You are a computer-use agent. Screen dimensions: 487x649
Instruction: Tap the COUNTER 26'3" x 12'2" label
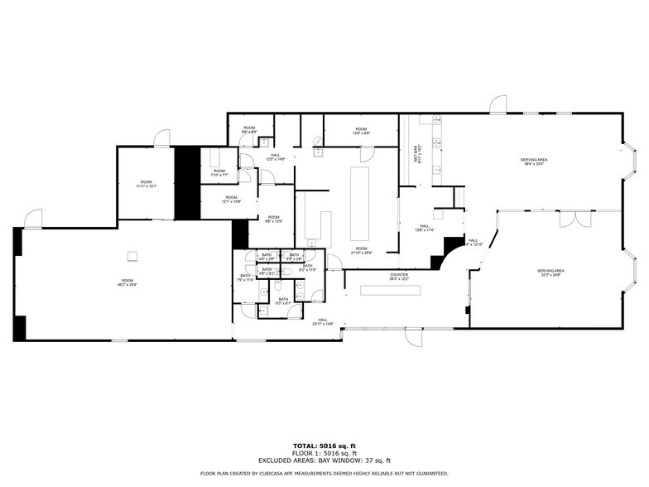coord(400,277)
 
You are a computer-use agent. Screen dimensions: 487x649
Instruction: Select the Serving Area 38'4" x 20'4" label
coord(534,162)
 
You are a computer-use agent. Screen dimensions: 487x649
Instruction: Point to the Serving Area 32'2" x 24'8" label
coord(550,272)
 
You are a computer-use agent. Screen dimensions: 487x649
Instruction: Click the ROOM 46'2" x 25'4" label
coord(127,282)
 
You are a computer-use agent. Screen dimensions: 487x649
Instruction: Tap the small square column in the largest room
coord(131,254)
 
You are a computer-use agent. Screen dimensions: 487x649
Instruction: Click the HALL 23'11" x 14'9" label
coord(323,321)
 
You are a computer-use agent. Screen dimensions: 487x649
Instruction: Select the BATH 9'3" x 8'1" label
coord(283,301)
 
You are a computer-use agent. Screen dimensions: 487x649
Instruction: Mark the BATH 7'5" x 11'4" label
coord(245,277)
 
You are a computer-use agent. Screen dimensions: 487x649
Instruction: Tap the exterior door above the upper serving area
coord(498,104)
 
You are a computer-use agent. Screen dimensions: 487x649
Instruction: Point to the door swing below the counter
coord(411,337)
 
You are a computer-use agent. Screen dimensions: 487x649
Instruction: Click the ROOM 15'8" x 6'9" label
coord(362,131)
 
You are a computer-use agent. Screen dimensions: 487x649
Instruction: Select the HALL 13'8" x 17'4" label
coord(424,228)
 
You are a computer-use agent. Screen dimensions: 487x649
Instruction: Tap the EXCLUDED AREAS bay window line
coord(324,460)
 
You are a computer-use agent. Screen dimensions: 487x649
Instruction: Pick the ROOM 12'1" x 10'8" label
coord(230,200)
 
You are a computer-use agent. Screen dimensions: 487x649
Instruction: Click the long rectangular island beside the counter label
coord(390,289)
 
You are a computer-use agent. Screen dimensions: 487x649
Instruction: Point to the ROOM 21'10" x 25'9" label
coord(362,250)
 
